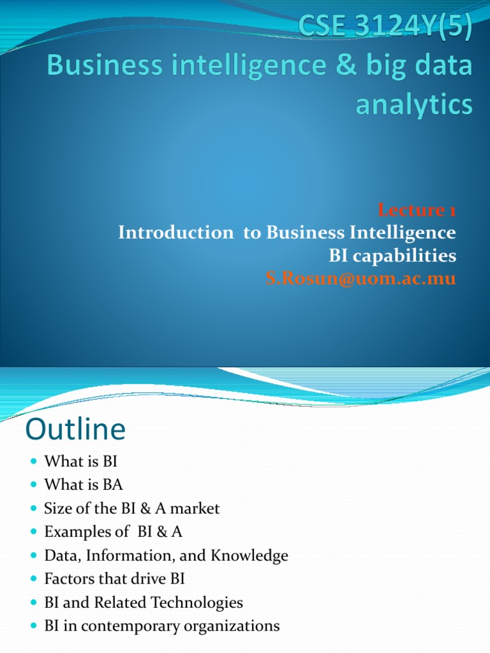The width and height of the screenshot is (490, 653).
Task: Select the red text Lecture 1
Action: tap(417, 210)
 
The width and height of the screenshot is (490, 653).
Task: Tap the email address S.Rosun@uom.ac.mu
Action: tap(360, 279)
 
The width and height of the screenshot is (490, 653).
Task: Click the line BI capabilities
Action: tap(392, 256)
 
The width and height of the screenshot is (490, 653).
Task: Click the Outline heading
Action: tap(75, 430)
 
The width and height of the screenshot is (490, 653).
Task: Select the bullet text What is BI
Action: tap(81, 462)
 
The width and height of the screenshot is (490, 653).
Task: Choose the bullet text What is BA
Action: tap(83, 485)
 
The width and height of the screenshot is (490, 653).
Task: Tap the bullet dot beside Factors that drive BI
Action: tap(34, 580)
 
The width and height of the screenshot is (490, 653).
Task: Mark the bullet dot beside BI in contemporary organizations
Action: tap(34, 626)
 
